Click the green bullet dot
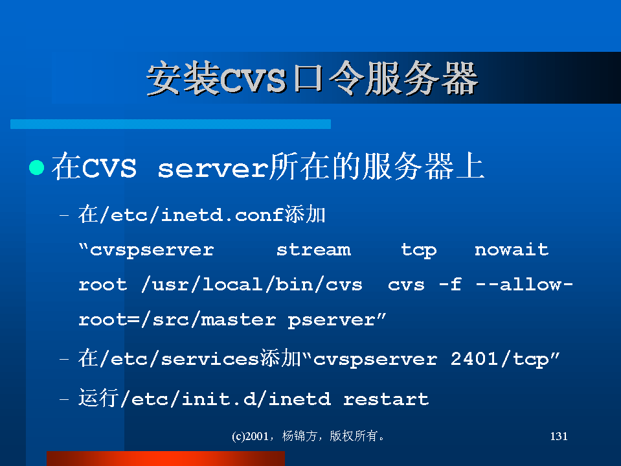[x=37, y=167]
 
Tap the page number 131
[x=559, y=436]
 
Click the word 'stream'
[x=313, y=250]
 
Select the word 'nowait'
[x=512, y=250]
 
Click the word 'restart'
[x=386, y=399]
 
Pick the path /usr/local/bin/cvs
[x=251, y=285]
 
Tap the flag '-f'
[x=450, y=285]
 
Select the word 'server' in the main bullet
[x=213, y=169]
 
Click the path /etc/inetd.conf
[x=191, y=215]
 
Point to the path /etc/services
[x=179, y=359]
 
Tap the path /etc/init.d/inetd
[x=225, y=399]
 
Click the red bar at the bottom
[x=166, y=458]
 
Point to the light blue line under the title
[x=171, y=124]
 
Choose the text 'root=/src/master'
[x=177, y=320]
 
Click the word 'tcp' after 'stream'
[x=418, y=250]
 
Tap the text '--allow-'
[x=525, y=285]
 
